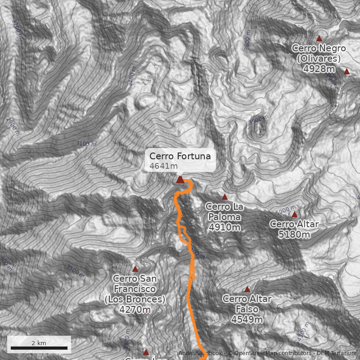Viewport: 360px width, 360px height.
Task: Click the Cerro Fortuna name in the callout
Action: coord(180,156)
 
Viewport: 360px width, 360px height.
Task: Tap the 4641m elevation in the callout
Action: coord(163,166)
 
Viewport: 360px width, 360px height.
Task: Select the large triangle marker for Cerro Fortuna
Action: coord(180,180)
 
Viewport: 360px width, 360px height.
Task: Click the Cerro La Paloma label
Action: coord(225,211)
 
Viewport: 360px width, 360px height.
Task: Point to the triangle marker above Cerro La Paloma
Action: coord(225,197)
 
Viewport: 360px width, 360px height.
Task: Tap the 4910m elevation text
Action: coord(225,227)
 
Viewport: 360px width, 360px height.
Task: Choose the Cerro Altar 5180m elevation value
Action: coord(294,234)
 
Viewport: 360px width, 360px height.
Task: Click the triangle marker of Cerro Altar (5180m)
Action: coord(294,215)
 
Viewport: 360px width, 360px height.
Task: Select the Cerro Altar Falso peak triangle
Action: coord(247,289)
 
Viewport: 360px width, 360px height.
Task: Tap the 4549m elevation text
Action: coord(247,319)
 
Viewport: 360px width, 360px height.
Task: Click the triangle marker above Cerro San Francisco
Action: coord(135,269)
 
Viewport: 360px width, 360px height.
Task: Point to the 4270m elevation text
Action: coord(135,310)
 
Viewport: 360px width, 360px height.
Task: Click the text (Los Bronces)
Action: coord(135,299)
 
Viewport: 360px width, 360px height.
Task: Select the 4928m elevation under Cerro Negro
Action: coord(319,69)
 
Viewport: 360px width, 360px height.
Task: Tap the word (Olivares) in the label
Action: coord(319,58)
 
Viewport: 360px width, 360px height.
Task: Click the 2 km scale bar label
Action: coord(39,343)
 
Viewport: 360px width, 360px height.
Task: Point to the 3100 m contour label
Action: coord(86,144)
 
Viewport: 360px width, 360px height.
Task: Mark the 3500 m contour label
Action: coord(75,271)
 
